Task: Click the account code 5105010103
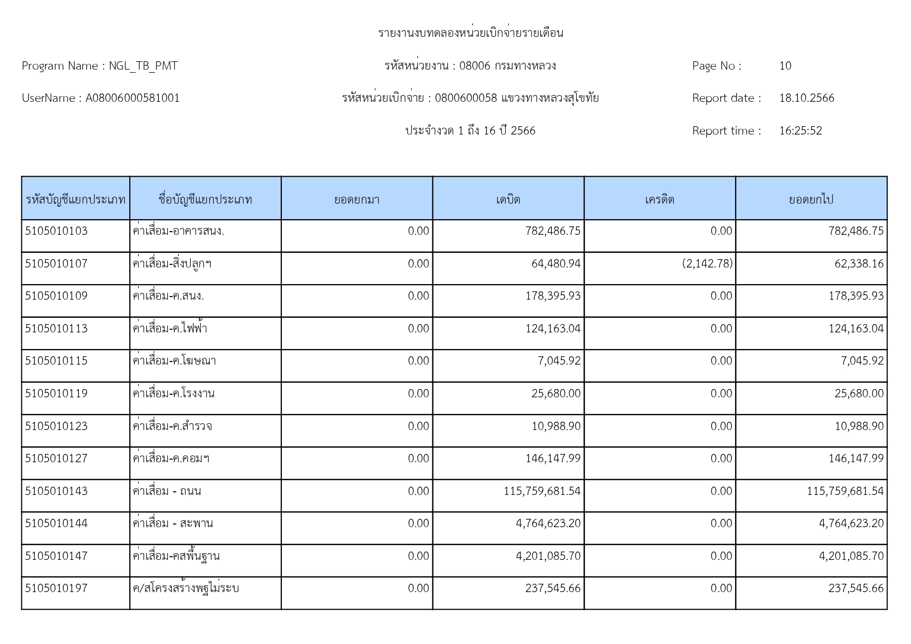57,231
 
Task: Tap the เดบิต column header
508,199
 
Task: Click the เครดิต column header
659,199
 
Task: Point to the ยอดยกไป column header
811,199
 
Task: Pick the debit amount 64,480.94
555,264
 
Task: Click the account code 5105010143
57,491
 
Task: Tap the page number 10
785,66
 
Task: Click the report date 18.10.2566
807,98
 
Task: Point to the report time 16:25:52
800,131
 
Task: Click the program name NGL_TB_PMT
143,66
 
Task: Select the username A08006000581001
132,98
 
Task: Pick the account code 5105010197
57,588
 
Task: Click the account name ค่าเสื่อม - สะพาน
173,524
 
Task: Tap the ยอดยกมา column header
357,199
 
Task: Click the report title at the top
470,33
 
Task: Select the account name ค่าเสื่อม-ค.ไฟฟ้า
170,329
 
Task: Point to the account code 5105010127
57,459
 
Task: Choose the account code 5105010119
57,394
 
